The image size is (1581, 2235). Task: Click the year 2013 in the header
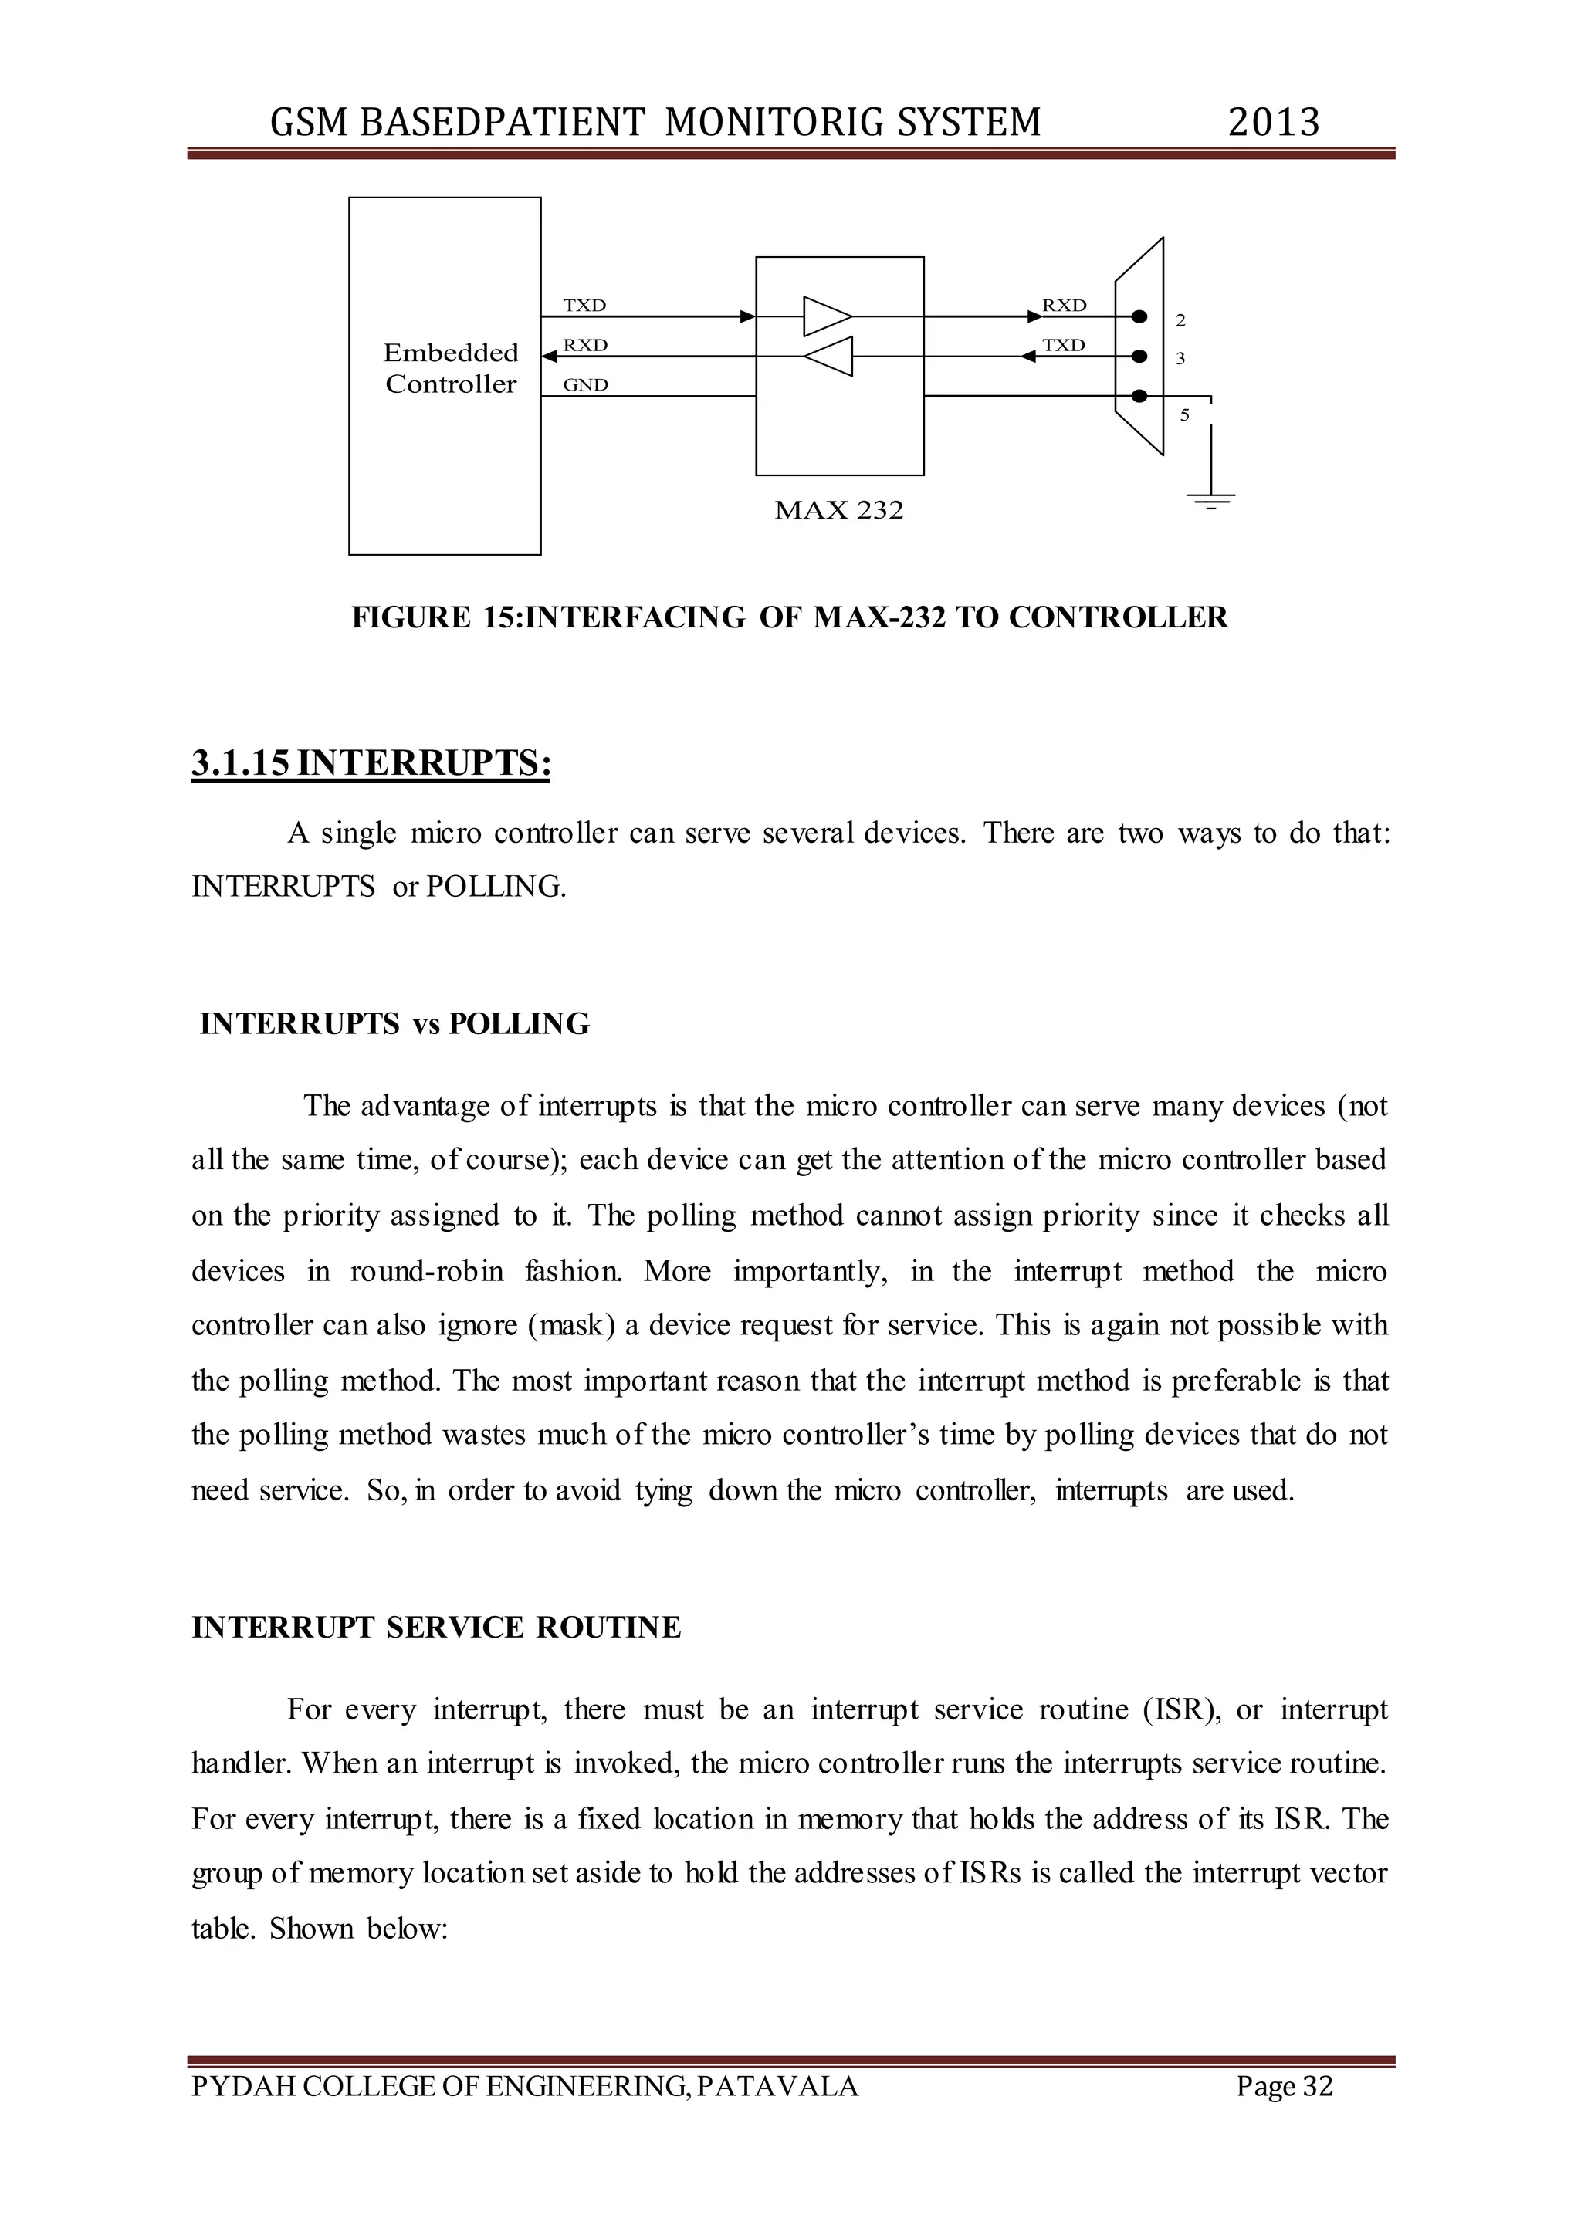click(1273, 123)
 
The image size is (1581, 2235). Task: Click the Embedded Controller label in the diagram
click(451, 368)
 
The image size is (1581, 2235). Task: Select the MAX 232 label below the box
click(838, 510)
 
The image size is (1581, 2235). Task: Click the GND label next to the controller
click(585, 384)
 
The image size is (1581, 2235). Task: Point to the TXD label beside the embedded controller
click(584, 305)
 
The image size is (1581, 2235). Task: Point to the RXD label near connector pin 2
click(1064, 305)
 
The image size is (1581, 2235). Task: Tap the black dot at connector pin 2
click(1139, 316)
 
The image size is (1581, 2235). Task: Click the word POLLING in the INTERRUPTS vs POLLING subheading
click(519, 1024)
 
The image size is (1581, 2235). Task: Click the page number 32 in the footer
click(1317, 2086)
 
